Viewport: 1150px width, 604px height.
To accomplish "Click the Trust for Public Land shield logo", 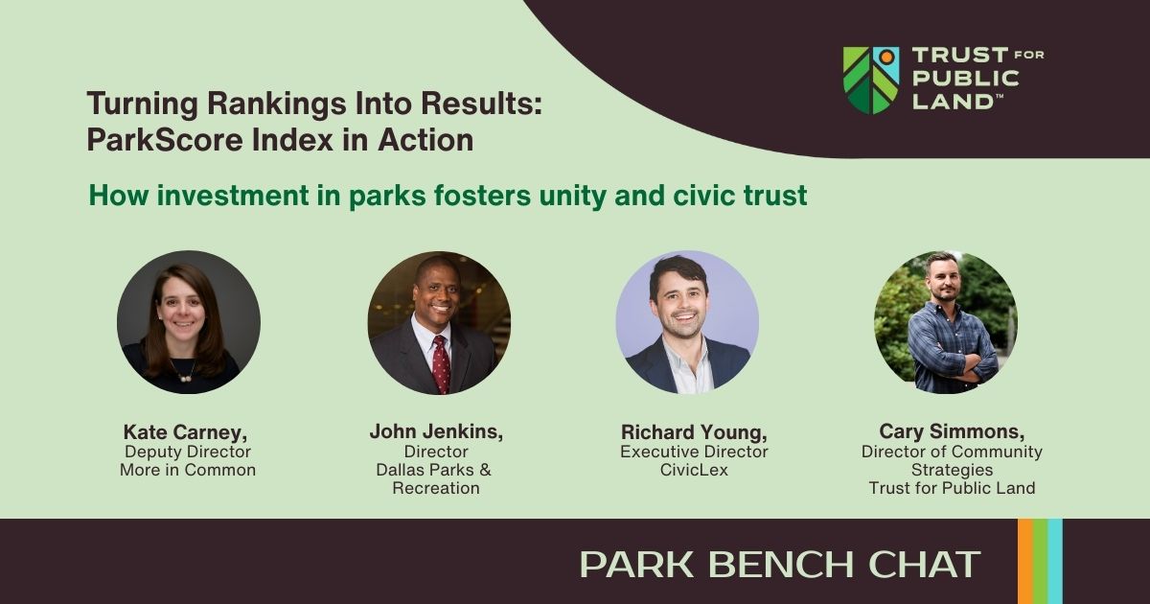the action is (871, 81).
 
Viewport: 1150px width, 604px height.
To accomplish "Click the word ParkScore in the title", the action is (164, 140).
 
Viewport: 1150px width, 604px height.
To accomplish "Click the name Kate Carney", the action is (185, 432).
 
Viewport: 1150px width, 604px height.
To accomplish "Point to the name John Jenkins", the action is (436, 431).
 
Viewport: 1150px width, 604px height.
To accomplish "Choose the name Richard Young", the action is (694, 432).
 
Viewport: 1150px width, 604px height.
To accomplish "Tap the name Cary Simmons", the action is (952, 431).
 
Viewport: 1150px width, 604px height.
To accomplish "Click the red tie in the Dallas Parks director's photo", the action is (441, 363).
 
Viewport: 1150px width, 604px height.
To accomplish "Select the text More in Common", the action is (188, 470).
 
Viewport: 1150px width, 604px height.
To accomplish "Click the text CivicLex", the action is (694, 470).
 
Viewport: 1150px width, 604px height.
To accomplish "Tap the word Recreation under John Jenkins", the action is (436, 488).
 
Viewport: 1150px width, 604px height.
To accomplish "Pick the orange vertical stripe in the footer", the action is (1025, 562).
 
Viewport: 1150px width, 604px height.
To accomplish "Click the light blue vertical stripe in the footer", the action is (1055, 562).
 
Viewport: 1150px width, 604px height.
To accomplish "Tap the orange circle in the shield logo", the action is (885, 56).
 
